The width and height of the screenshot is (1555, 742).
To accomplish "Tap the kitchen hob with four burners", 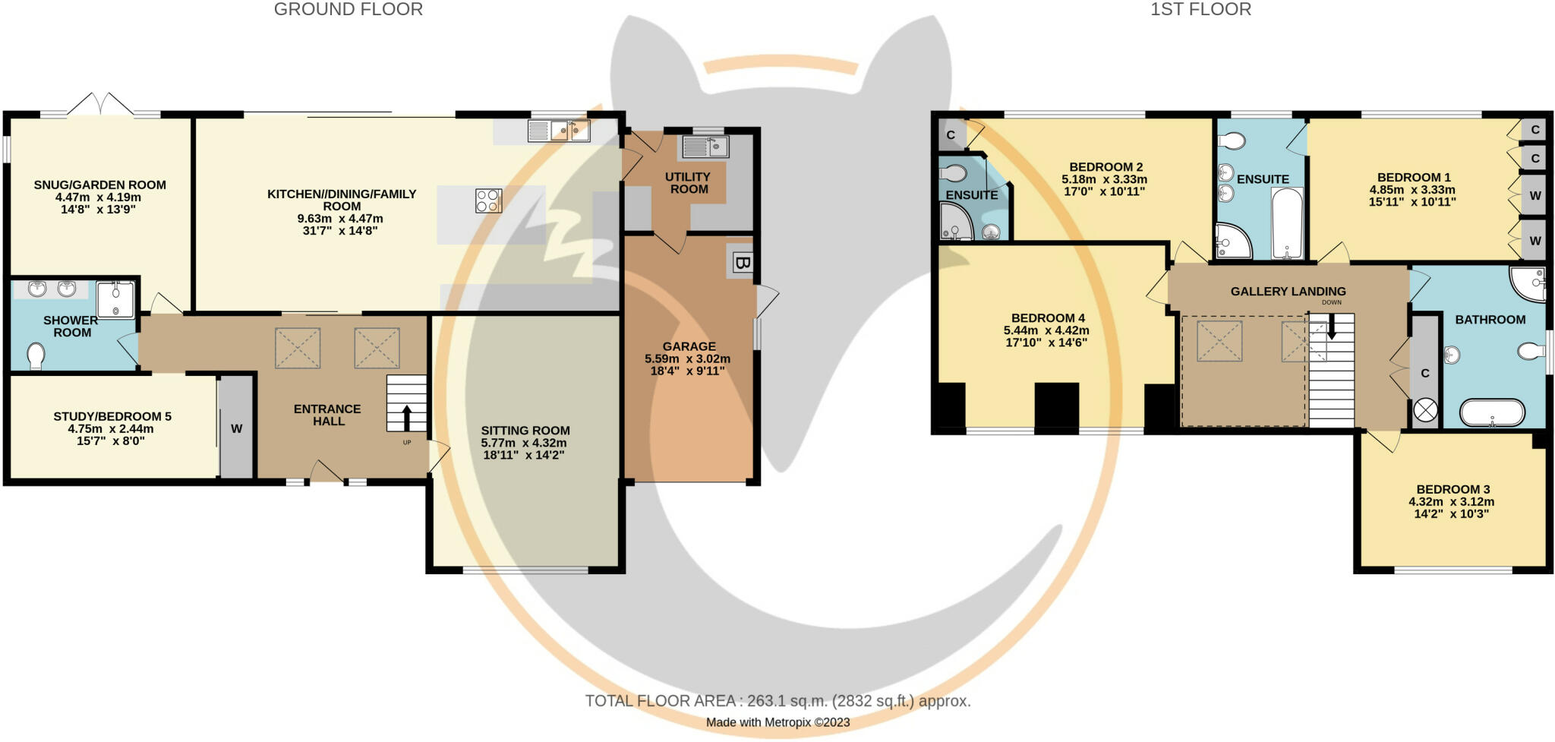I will [x=488, y=200].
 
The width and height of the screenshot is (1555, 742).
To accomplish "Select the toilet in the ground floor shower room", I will [x=35, y=355].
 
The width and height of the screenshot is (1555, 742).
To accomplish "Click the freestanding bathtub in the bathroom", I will [x=1492, y=413].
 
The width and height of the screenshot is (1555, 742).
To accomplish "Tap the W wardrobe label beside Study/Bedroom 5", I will [x=236, y=428].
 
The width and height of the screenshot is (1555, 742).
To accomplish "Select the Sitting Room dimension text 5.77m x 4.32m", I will [x=524, y=443].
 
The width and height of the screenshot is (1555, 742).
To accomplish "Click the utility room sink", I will [x=705, y=146].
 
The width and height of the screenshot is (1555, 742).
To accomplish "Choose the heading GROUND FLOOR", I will [x=348, y=10].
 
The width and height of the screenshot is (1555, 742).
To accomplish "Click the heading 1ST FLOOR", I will [x=1200, y=10].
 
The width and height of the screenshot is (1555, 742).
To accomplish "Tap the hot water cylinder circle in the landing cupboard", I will [x=1425, y=411].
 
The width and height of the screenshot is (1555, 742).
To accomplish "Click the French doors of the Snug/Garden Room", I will [x=101, y=105].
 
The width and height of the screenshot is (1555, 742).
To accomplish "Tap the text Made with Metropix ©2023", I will [x=777, y=722].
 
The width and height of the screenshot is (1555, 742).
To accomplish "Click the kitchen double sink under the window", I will [x=570, y=131].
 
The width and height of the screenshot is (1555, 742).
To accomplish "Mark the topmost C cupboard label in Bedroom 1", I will [x=1534, y=130].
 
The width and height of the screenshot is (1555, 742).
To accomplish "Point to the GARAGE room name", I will [x=689, y=346].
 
